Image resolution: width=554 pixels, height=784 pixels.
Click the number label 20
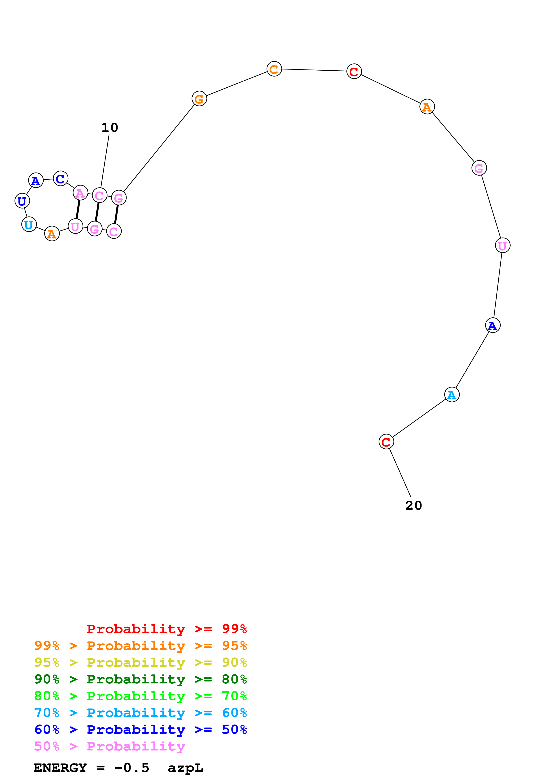(x=413, y=506)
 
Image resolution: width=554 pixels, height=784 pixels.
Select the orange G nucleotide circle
(x=199, y=99)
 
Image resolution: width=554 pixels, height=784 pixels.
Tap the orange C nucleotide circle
(x=274, y=69)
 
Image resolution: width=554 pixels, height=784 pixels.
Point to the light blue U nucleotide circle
(x=29, y=224)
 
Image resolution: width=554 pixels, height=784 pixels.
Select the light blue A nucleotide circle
(x=452, y=395)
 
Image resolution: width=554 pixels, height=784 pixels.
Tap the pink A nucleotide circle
(x=80, y=193)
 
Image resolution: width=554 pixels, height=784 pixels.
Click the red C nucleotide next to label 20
(x=386, y=442)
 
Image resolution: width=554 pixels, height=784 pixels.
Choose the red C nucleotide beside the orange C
(x=354, y=71)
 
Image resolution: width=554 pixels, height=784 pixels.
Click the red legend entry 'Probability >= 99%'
(x=167, y=629)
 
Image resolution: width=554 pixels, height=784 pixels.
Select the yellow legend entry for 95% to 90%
(x=141, y=662)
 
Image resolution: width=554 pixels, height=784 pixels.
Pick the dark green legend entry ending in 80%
(x=141, y=679)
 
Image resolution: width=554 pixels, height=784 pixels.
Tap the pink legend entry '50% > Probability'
(x=110, y=746)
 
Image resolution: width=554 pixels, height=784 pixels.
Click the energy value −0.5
(x=132, y=768)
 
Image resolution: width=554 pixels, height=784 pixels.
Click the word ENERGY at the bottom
(x=60, y=768)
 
